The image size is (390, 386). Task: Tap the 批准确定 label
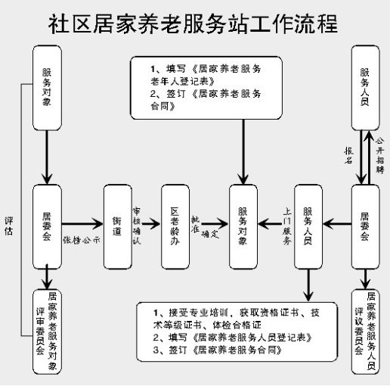204,224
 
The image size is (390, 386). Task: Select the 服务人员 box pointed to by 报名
366,79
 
